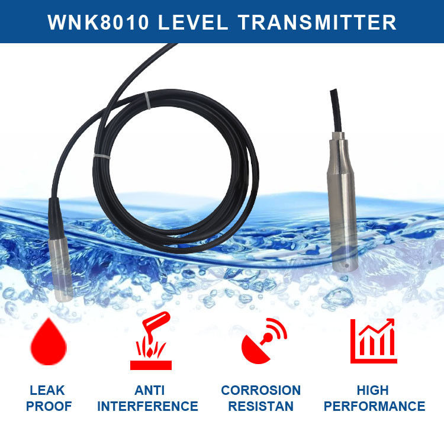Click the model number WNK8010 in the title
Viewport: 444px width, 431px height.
tap(98, 22)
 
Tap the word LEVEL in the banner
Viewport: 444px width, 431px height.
tap(193, 22)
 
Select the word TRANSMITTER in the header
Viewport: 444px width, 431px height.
tap(317, 22)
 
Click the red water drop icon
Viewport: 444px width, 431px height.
tap(49, 342)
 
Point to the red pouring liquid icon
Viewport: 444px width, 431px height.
tap(151, 340)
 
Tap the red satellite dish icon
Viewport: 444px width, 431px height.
tap(264, 341)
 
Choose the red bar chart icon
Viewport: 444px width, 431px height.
tap(374, 341)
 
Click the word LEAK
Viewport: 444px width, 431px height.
tap(47, 390)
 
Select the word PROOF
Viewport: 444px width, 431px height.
tap(49, 406)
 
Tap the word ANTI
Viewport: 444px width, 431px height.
tap(149, 390)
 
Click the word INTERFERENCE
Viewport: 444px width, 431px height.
tap(147, 406)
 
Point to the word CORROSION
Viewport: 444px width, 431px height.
tap(261, 390)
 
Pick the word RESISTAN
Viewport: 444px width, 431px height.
tap(261, 406)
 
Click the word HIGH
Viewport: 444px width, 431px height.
tap(372, 390)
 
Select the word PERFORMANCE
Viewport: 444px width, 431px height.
tap(374, 406)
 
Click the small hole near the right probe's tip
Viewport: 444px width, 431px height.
tap(346, 266)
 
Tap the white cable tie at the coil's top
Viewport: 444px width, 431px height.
tap(147, 100)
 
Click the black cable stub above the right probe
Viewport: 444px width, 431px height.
tap(336, 111)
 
